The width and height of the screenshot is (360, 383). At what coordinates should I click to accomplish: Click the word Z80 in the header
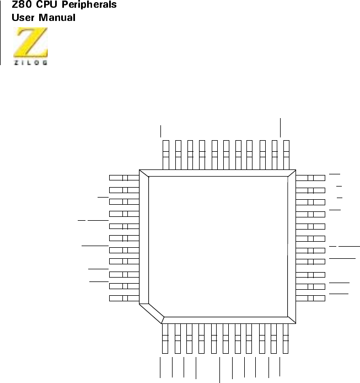click(22, 6)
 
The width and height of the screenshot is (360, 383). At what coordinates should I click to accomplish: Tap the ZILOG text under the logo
click(31, 62)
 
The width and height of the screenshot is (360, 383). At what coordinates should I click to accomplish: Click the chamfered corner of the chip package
click(152, 310)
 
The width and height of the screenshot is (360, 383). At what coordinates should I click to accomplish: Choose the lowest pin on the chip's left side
click(123, 299)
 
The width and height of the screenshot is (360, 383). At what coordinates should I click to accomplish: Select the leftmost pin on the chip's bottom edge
click(165, 337)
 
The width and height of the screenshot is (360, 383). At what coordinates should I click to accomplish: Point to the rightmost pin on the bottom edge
click(286, 337)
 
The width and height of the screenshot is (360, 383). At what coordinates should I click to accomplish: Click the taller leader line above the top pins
click(281, 127)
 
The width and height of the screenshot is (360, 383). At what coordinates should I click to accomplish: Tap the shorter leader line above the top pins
click(160, 131)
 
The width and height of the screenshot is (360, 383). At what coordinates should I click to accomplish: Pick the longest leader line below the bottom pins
click(220, 370)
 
